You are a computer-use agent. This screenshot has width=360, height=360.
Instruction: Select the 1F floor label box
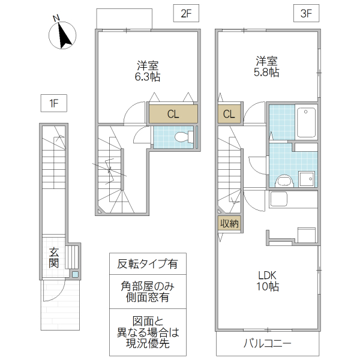[x=53, y=103]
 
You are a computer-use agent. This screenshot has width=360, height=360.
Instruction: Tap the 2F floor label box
[x=185, y=14]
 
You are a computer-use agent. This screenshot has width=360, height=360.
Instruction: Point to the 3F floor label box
[x=306, y=14]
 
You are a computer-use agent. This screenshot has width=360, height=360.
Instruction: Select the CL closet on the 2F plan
[x=173, y=114]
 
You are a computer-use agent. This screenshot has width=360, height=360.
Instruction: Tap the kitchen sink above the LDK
[x=280, y=199]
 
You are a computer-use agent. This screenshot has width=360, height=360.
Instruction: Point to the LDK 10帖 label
[x=268, y=280]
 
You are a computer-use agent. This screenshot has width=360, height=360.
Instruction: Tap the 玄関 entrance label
[x=54, y=257]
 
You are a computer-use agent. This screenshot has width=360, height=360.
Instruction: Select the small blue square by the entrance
[x=75, y=275]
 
